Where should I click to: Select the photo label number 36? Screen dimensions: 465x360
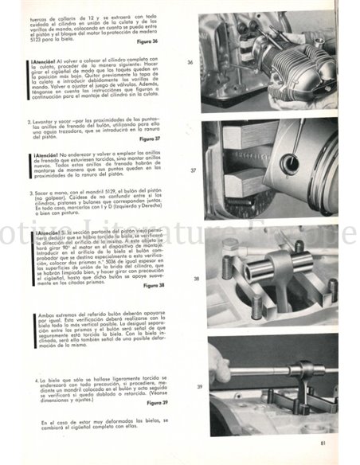[x=190, y=62]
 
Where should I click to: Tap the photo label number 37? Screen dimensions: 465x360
[x=194, y=170]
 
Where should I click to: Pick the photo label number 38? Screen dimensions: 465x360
[x=196, y=279]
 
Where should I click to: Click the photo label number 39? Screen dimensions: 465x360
[x=198, y=387]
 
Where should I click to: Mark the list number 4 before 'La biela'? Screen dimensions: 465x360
[x=37, y=381]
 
